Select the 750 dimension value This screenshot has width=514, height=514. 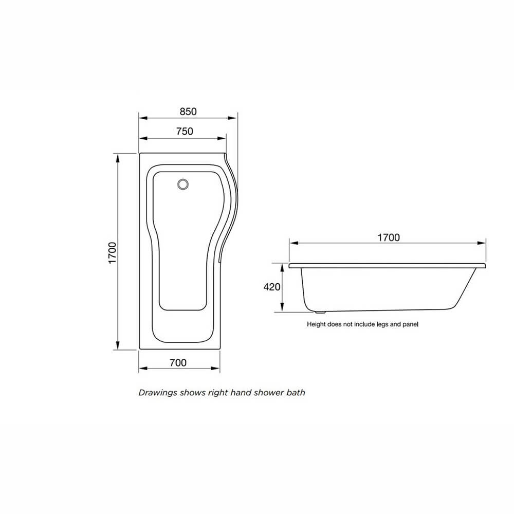pyautogui.click(x=185, y=132)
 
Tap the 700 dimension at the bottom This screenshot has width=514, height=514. pyautogui.click(x=178, y=362)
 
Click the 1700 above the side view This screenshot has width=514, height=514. pyautogui.click(x=388, y=237)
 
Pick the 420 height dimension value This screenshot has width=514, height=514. pyautogui.click(x=272, y=287)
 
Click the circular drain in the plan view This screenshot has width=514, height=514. pyautogui.click(x=182, y=184)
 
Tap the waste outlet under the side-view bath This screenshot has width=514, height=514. pyautogui.click(x=320, y=311)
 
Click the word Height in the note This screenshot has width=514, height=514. pyautogui.click(x=316, y=324)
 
